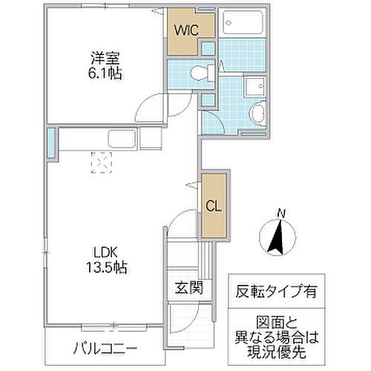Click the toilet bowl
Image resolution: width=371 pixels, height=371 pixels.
click(198, 73)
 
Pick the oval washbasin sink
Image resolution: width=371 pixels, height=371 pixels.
click(256, 114)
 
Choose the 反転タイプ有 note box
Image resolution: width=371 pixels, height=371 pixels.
click(276, 291)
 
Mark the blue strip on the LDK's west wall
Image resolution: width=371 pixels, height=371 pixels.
click(51, 142)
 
